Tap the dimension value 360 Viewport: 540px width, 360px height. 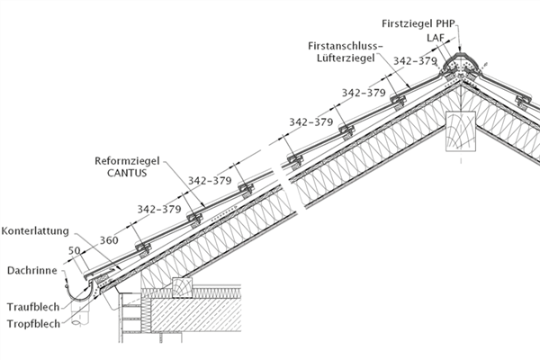[109, 240]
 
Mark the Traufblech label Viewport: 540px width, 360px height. [33, 306]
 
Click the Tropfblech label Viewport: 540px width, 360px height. [33, 323]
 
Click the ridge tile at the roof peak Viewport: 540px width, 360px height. [463, 64]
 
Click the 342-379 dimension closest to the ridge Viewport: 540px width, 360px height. [416, 62]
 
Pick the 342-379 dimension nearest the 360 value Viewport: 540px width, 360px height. [158, 209]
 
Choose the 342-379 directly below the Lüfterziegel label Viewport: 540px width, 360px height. [364, 92]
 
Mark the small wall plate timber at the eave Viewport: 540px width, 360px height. [182, 286]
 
